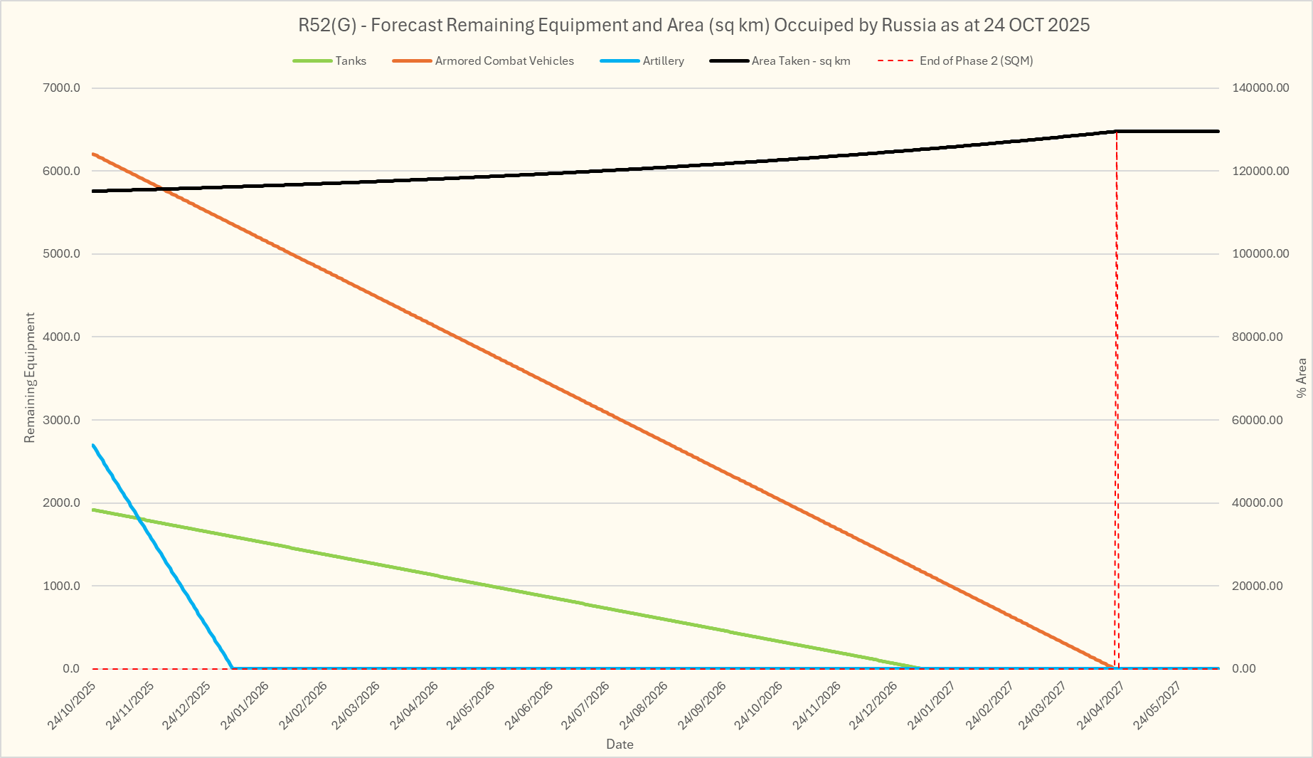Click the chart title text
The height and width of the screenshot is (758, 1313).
coord(693,26)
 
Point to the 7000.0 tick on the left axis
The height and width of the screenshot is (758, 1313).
coord(63,88)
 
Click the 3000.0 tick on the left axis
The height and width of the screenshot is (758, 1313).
coord(63,420)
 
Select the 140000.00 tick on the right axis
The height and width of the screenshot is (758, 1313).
coord(1260,88)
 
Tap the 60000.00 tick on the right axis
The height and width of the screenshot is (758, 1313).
coord(1258,420)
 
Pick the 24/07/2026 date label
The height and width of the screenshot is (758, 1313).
coord(586,705)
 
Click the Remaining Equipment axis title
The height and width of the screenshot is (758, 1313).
coord(29,377)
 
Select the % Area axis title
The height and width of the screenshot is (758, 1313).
coord(1302,378)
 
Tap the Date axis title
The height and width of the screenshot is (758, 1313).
coord(620,744)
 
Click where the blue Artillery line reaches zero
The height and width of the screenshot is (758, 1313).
coord(233,668)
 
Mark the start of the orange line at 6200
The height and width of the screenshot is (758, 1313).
coord(93,154)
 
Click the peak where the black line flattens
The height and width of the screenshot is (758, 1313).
coord(1116,131)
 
